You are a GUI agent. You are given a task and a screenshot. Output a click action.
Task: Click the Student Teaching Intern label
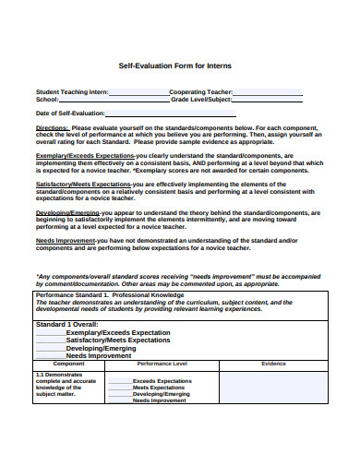72,91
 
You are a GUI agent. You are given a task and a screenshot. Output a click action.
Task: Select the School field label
47,99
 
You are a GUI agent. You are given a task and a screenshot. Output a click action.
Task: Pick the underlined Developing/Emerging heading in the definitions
68,212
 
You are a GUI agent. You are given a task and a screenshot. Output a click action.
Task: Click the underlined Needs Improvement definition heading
65,240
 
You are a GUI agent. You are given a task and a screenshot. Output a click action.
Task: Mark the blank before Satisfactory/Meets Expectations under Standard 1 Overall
50,341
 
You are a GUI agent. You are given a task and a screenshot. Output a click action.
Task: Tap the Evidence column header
273,364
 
